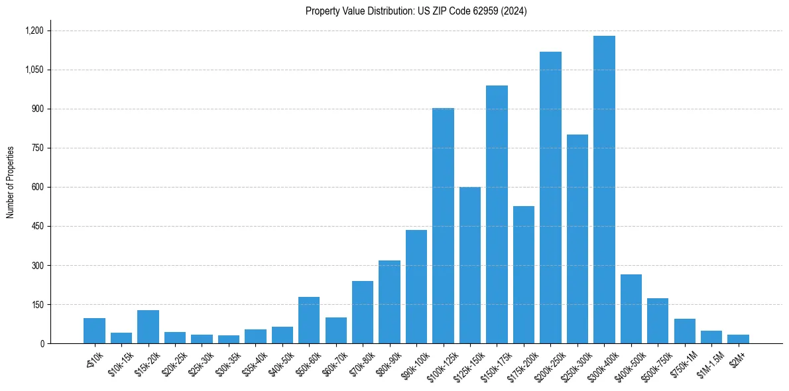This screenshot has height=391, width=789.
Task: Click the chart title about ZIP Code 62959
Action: click(x=416, y=11)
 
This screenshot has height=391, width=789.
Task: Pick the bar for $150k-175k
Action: click(x=497, y=215)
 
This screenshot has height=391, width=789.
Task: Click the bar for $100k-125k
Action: click(x=443, y=226)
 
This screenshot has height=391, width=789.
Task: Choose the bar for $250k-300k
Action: click(x=577, y=239)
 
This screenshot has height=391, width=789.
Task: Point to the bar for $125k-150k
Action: click(x=470, y=265)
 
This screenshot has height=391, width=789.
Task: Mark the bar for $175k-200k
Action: click(x=523, y=275)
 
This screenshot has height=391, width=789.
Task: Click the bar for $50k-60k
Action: click(x=309, y=320)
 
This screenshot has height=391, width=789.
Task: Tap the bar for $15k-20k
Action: click(x=148, y=327)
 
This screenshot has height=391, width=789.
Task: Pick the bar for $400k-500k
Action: click(x=631, y=309)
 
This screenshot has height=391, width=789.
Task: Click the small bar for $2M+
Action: click(x=738, y=339)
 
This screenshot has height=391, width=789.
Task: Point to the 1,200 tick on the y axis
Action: click(x=34, y=30)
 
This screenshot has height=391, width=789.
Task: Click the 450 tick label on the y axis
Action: click(x=37, y=227)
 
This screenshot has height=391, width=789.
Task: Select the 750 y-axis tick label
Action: click(x=37, y=148)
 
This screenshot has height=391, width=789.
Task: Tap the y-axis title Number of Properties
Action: click(x=11, y=182)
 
